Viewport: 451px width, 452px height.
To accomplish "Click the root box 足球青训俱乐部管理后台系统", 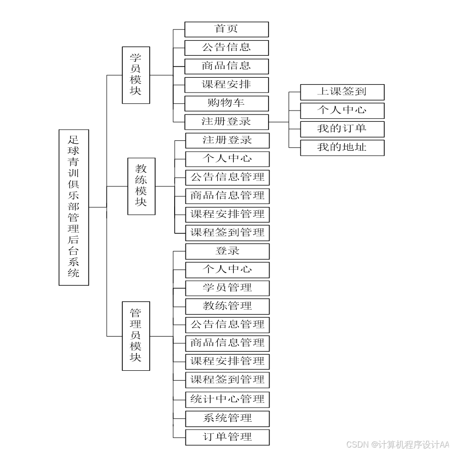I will (74, 207).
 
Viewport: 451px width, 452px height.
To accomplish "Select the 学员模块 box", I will (136, 75).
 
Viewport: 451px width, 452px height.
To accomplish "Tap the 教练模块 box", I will (141, 186).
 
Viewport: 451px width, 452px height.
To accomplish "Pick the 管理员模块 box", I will (136, 336).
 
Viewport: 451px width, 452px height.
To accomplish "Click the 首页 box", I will (226, 29).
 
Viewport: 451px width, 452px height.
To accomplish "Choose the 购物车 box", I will (226, 103).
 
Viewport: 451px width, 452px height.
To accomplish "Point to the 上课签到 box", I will (342, 92).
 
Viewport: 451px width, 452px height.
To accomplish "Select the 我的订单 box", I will (342, 129).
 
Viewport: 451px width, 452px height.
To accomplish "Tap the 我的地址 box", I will (342, 148).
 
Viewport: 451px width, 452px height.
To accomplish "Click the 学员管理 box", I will (227, 288).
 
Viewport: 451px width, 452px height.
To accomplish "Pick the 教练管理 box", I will (227, 307).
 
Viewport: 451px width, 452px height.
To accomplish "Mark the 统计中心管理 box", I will (227, 399).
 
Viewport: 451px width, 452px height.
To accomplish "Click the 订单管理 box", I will (227, 437).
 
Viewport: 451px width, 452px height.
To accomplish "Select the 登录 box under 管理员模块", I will (227, 251).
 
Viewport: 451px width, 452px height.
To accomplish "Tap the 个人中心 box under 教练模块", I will (227, 159).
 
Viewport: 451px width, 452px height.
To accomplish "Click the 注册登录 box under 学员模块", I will (226, 121).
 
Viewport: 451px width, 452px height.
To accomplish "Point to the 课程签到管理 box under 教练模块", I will (227, 233).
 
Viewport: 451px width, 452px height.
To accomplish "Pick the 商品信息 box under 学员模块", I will (226, 66).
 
